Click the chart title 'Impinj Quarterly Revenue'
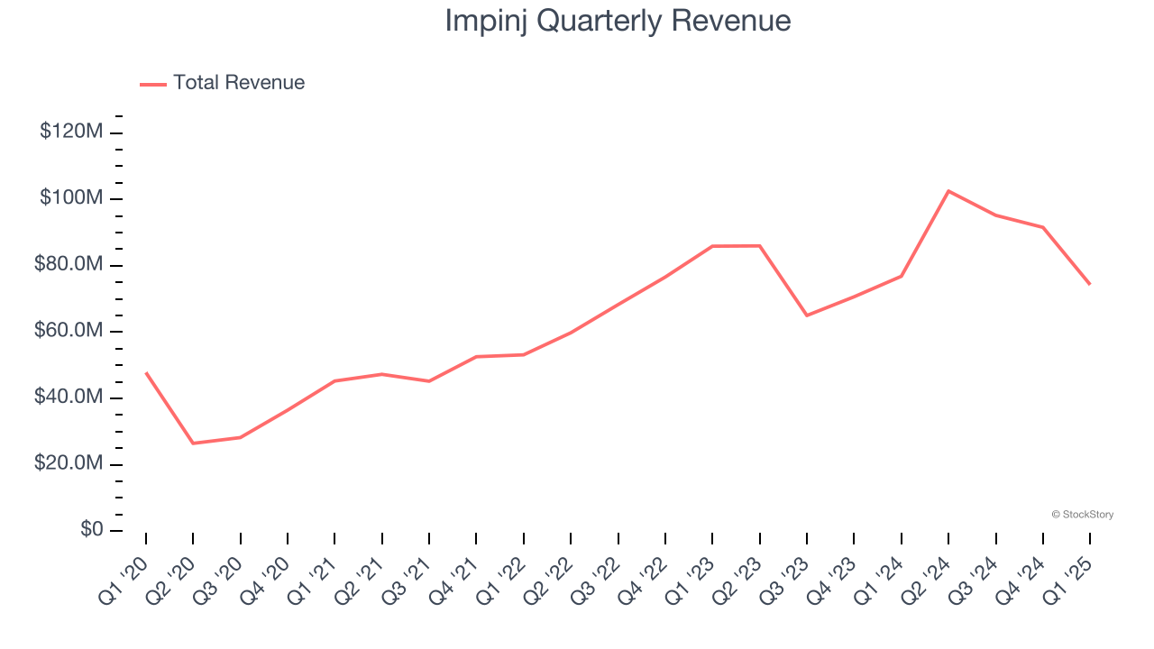tap(618, 21)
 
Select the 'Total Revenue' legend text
tap(239, 83)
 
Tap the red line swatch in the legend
tap(153, 84)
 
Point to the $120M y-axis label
tap(71, 132)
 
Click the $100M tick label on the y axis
tap(71, 197)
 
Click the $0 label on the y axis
tap(91, 530)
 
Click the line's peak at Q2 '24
tap(948, 191)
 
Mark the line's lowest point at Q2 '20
tap(193, 443)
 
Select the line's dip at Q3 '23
tap(807, 315)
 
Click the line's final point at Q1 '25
tap(1090, 284)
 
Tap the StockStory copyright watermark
tap(1082, 515)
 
